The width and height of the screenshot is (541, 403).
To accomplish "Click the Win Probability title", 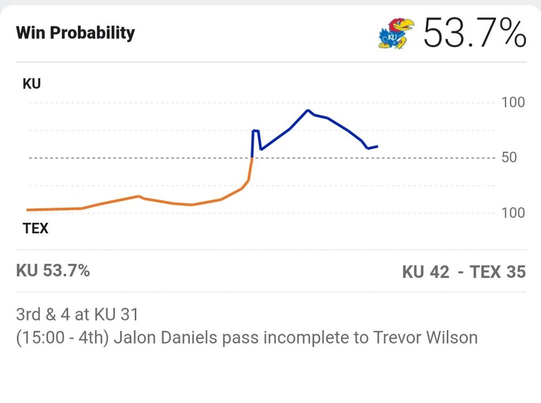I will [x=75, y=33].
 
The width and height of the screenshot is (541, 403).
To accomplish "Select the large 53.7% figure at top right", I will [x=474, y=33].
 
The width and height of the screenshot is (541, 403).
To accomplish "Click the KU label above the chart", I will [x=32, y=84].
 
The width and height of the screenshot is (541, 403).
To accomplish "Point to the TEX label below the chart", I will [x=35, y=228].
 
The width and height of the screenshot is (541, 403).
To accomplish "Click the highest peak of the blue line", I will [x=308, y=110].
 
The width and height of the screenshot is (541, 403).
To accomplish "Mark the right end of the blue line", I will [x=377, y=146].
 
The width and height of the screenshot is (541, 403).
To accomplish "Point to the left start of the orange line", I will [x=28, y=210].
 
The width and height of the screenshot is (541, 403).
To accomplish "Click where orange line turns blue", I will [x=252, y=157].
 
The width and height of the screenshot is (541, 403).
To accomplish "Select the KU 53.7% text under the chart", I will [x=53, y=270].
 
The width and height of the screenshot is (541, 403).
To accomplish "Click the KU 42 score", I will [x=426, y=272].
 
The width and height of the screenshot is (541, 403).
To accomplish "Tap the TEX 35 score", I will [x=497, y=272].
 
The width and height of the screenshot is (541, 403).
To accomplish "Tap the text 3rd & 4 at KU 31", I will [x=77, y=314].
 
